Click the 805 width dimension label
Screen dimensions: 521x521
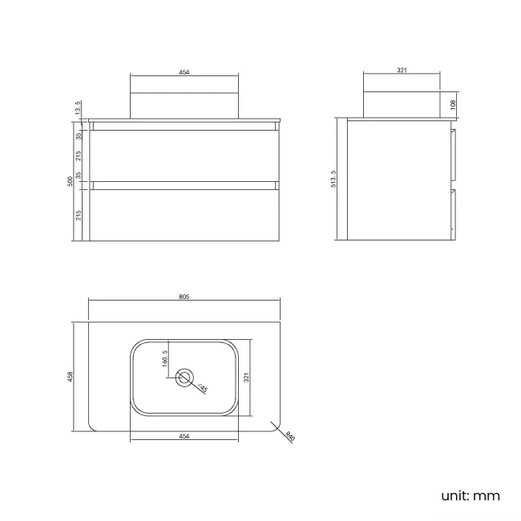coord(184,297)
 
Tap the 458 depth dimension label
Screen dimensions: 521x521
coord(72,375)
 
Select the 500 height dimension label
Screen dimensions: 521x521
coord(71,182)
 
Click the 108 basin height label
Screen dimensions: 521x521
coord(453,104)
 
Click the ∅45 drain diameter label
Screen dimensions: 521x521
coord(203,389)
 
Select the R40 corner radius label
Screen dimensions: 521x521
coord(289,438)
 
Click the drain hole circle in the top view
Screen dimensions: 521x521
coord(185,378)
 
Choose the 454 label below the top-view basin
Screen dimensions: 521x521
coord(184,436)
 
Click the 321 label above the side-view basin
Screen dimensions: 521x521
coord(402,70)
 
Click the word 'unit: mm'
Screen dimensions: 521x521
coord(471,495)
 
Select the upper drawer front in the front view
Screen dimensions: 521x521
coord(184,155)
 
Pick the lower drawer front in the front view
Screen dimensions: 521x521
coord(184,215)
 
